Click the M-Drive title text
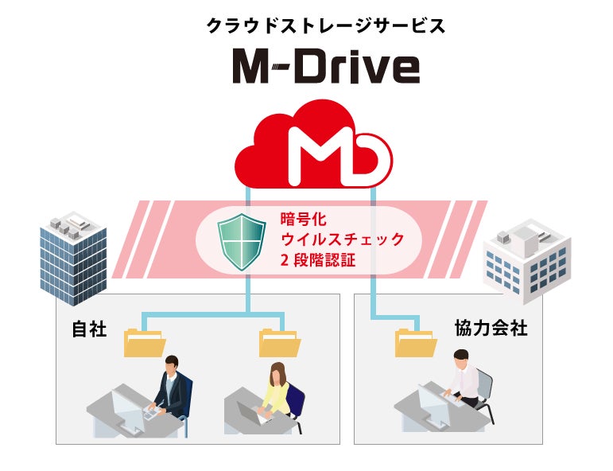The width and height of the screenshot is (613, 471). [325, 68]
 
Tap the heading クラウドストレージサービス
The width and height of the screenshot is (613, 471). [326, 25]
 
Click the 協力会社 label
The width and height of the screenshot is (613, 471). [491, 328]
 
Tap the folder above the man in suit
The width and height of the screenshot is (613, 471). [144, 344]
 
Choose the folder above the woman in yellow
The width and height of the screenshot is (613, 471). [279, 344]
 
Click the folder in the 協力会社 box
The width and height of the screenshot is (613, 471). [416, 343]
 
